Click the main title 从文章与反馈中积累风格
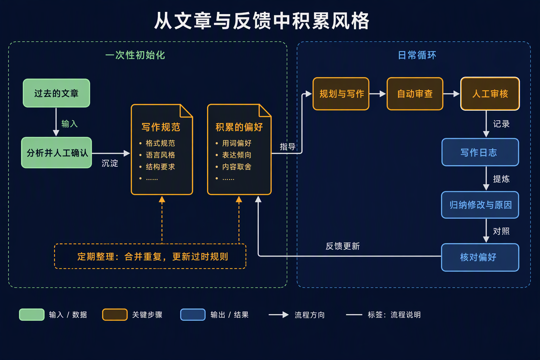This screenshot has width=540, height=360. (262, 21)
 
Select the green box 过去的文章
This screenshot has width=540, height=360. (56, 93)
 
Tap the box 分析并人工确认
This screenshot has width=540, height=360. (57, 153)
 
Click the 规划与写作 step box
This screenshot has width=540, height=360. (341, 94)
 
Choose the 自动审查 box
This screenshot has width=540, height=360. (415, 94)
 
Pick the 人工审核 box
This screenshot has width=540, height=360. (490, 94)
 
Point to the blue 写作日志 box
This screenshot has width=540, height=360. (480, 152)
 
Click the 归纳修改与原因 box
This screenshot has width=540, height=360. (480, 205)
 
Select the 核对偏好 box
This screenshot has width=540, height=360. (480, 257)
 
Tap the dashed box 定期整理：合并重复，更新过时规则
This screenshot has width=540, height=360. (150, 256)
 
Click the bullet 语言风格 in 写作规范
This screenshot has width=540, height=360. (160, 155)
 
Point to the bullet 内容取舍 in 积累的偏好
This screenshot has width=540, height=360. (237, 167)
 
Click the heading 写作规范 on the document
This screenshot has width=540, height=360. (161, 127)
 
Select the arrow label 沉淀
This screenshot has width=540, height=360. (110, 163)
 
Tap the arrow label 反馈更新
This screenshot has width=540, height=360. (342, 246)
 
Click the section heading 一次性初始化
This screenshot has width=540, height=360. (135, 55)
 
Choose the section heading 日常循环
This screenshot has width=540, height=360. (417, 55)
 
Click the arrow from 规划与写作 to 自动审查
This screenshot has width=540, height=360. (378, 94)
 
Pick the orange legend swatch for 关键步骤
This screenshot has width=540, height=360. (115, 315)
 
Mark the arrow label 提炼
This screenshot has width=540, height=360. (501, 179)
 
